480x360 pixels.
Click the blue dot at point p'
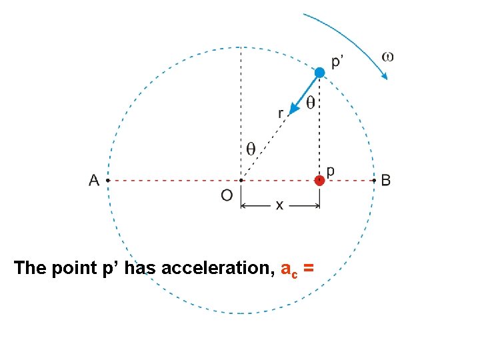[320, 72]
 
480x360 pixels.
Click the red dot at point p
[320, 180]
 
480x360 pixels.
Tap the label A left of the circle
[94, 180]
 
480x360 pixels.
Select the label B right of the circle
[386, 180]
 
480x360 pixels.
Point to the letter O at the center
[227, 195]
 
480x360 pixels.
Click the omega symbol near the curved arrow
[387, 57]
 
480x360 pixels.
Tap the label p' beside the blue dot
[339, 62]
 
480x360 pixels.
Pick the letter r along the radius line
[281, 113]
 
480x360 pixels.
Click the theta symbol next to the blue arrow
[310, 102]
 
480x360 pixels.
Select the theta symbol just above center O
[250, 149]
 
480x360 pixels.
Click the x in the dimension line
[279, 206]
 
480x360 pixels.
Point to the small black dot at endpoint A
[107, 180]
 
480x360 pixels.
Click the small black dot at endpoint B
[373, 180]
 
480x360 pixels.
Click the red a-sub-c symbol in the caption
[289, 269]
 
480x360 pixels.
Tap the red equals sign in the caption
[308, 269]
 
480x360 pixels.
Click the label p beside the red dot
[330, 171]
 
